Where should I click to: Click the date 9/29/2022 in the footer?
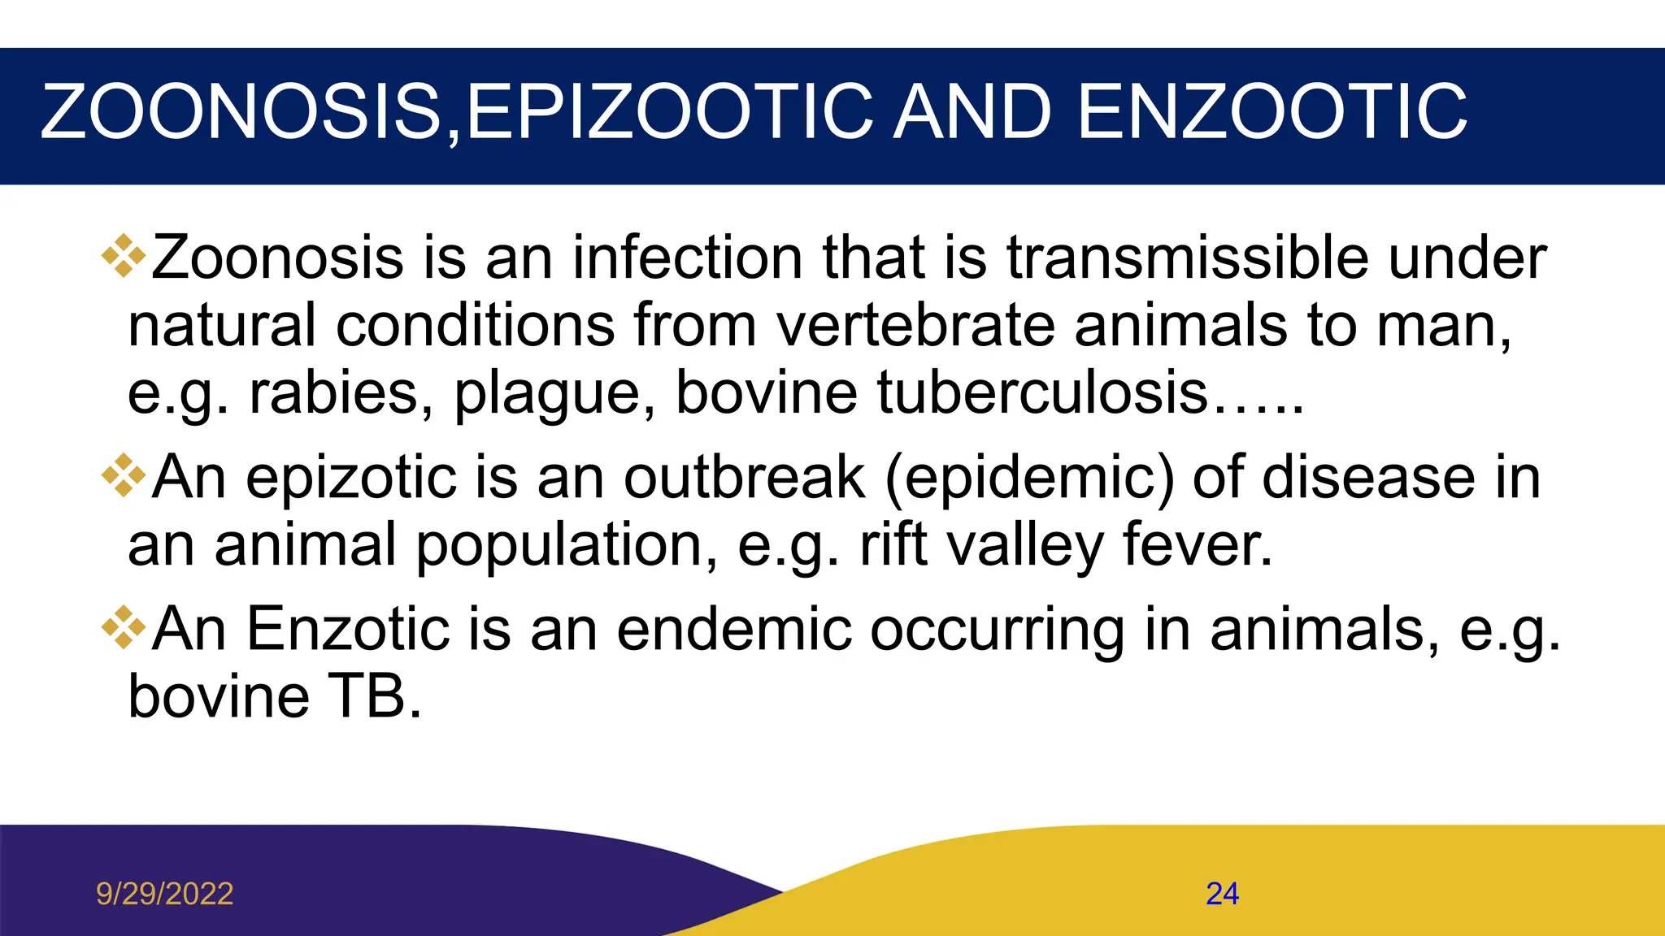pos(164,894)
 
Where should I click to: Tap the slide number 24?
pos(1222,894)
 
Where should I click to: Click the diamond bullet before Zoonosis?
pos(123,256)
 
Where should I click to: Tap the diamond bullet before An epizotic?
pos(123,475)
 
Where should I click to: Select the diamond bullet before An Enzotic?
pos(123,627)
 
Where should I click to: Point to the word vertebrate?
pos(915,326)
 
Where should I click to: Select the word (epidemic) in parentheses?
pos(1029,479)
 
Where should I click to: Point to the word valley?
pos(1025,546)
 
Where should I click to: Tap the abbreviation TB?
pos(375,697)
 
